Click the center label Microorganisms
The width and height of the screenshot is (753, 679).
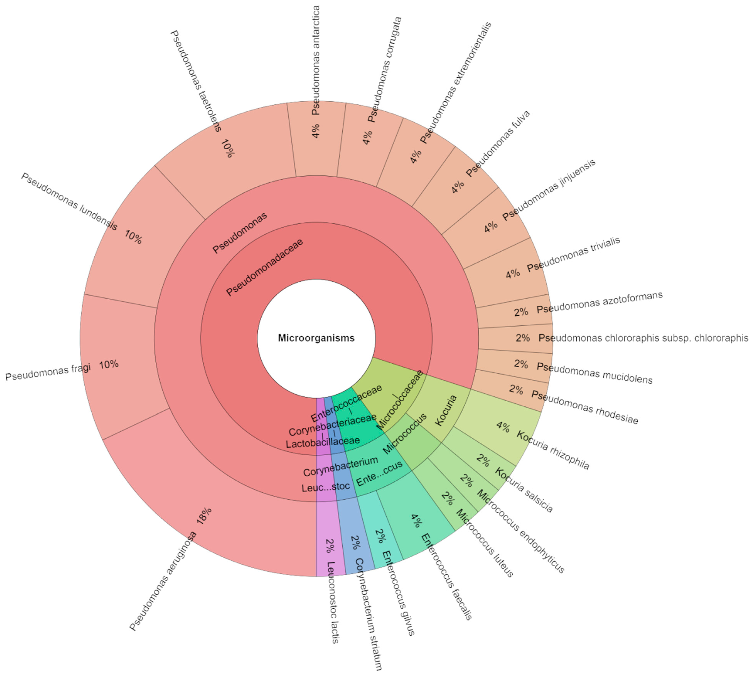point(316,338)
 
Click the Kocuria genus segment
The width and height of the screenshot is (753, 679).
point(446,410)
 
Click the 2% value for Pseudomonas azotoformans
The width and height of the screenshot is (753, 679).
point(521,312)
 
